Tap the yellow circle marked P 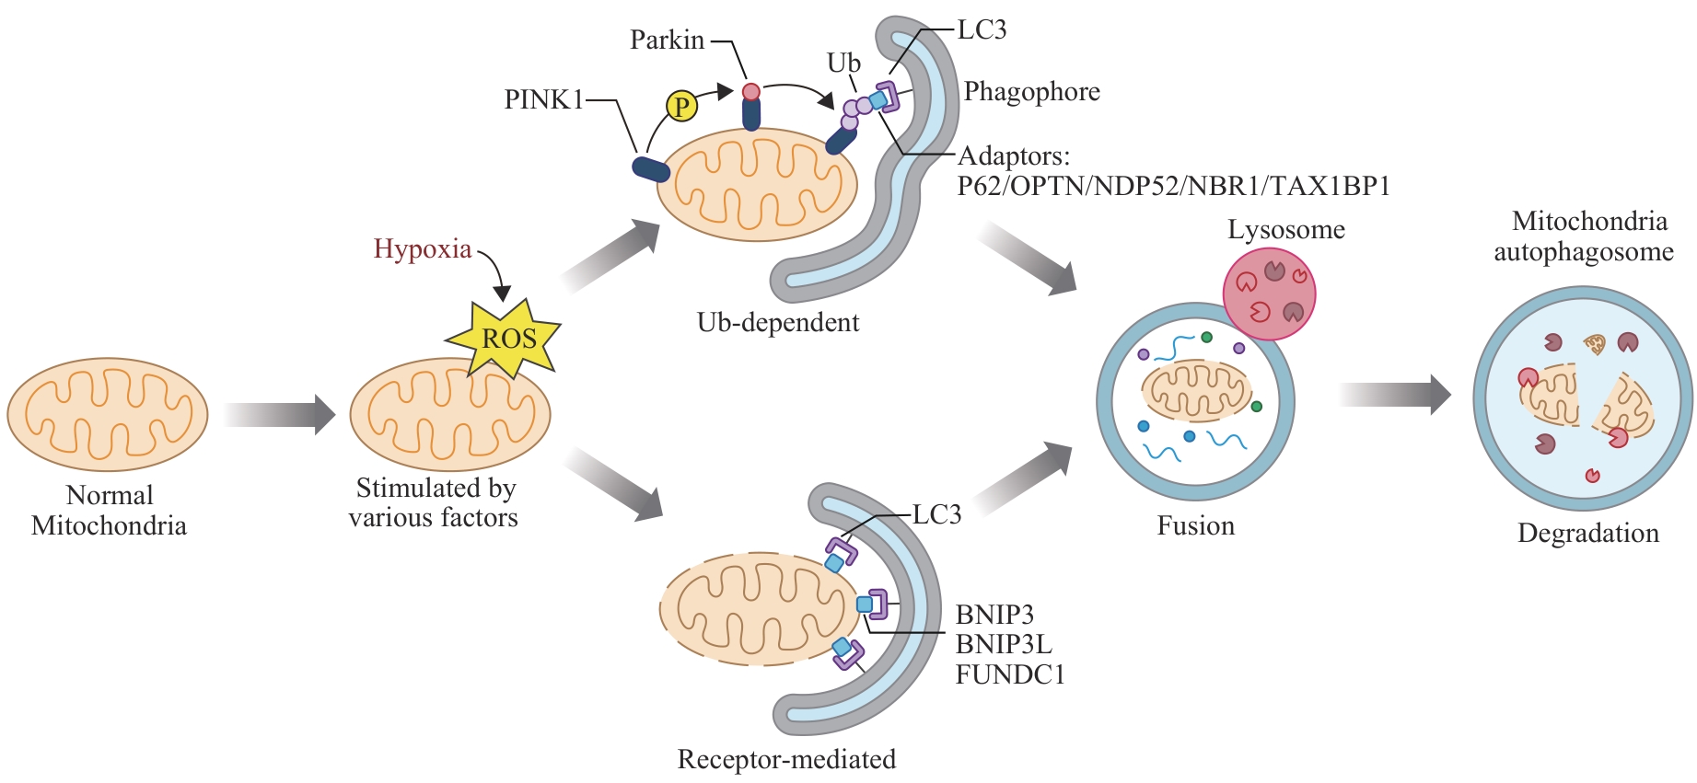(681, 107)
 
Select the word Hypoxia (423, 249)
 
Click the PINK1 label (543, 99)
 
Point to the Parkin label (667, 40)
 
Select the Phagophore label (1031, 92)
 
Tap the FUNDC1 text (1010, 675)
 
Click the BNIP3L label (1004, 644)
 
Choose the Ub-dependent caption (778, 323)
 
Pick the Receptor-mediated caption (786, 759)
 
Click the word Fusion (1195, 526)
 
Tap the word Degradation (1588, 534)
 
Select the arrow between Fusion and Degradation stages (1394, 395)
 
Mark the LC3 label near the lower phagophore (936, 515)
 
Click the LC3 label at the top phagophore (982, 30)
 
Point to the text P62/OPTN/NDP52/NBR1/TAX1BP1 (1173, 187)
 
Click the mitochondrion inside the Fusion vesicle (1196, 389)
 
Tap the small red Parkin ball (751, 92)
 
